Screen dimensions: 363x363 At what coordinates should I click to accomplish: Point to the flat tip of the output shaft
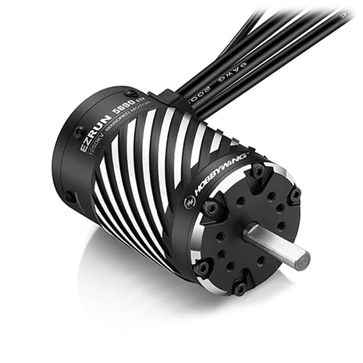(x=303, y=259)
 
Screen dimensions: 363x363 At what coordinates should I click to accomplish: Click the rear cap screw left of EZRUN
(x=78, y=132)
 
